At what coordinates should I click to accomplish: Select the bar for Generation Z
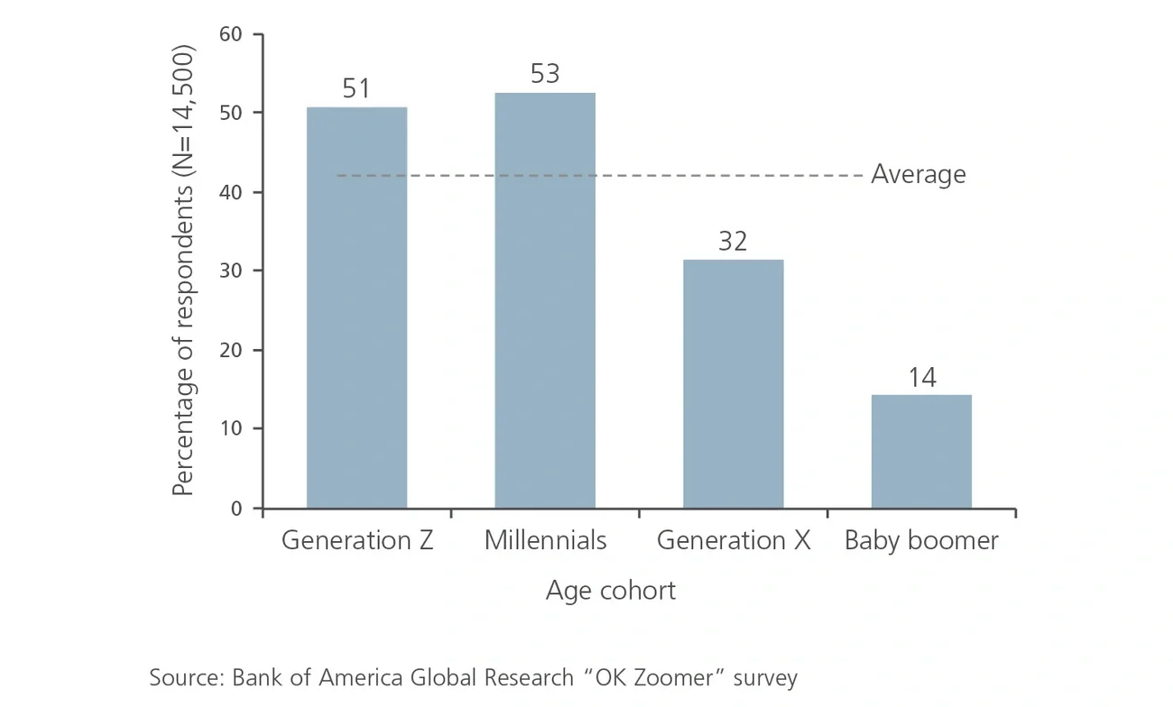point(356,308)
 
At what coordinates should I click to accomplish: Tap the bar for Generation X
point(733,383)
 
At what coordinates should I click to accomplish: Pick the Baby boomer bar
point(921,451)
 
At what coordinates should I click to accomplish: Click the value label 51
point(356,89)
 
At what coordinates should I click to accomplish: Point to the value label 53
point(545,74)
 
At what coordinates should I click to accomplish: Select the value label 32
point(733,242)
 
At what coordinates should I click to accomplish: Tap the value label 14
point(921,378)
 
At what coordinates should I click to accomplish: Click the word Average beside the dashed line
point(918,174)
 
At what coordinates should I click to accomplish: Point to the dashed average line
point(632,176)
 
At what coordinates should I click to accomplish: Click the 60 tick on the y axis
point(231,34)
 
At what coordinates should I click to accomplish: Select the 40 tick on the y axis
point(231,192)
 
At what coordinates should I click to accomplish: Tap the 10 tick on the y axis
point(231,428)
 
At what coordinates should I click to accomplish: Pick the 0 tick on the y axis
point(236,509)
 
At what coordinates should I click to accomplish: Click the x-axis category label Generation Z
point(357,540)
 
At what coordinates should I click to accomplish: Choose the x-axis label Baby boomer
point(921,540)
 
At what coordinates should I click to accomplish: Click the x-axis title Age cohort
point(610,591)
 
